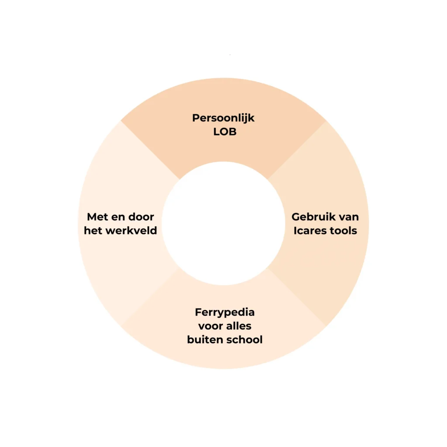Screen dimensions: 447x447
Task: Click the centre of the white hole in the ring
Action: [223, 223]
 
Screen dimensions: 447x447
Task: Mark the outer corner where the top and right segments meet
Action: [326, 121]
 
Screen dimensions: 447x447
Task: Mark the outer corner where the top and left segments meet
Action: [121, 121]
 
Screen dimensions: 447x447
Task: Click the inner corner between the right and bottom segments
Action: [267, 267]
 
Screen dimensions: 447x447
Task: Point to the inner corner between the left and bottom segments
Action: [180, 267]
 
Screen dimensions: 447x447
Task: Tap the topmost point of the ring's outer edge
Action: [223, 78]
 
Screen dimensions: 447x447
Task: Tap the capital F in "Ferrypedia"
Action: [198, 312]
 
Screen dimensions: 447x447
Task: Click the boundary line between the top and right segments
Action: [296, 150]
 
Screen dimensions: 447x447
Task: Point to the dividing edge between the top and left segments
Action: [150, 150]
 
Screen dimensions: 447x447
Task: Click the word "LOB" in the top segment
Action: [225, 132]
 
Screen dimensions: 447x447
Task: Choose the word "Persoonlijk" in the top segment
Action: [223, 118]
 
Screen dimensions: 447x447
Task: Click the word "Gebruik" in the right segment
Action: [312, 217]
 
